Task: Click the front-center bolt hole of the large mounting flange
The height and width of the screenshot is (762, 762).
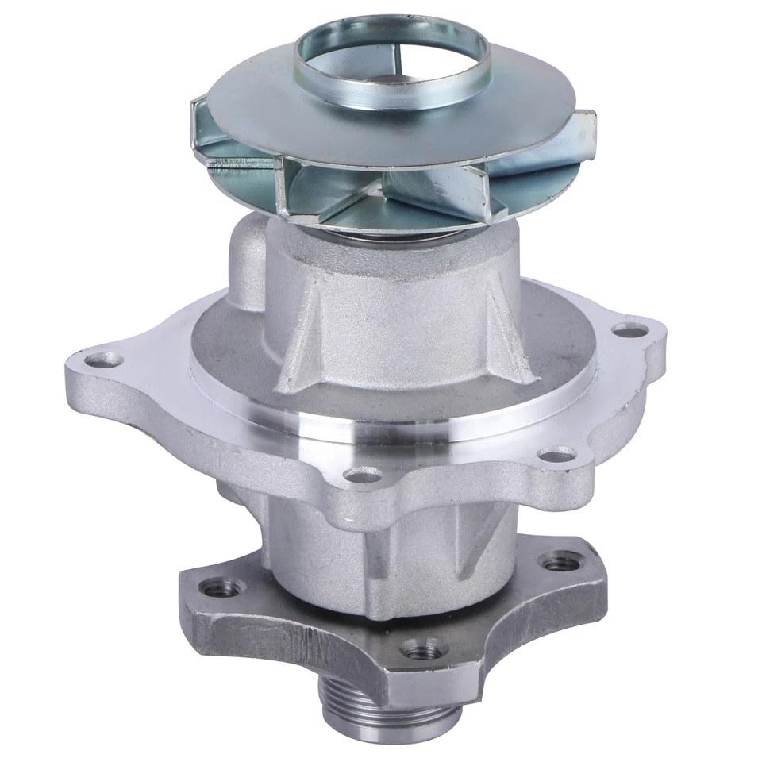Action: pyautogui.click(x=363, y=476)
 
